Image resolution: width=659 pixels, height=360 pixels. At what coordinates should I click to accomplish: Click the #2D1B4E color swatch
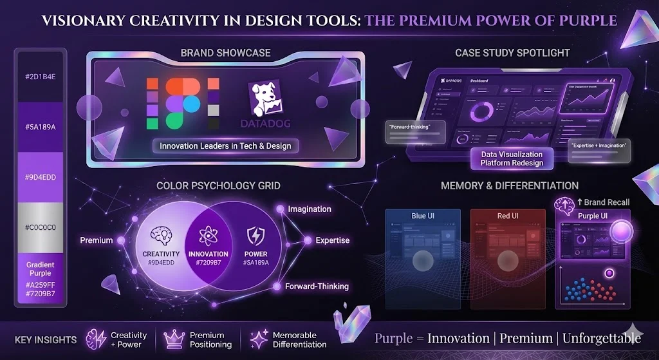[41, 77]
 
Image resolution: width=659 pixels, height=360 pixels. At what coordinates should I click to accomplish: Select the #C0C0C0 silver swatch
[41, 227]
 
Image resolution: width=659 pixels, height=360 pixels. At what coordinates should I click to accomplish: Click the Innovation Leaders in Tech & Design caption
[225, 146]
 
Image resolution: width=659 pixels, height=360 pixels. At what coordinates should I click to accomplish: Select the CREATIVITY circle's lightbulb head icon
[161, 236]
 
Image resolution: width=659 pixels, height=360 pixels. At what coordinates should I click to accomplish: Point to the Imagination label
[310, 209]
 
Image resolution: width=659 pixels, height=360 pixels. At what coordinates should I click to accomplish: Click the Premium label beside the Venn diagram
[97, 240]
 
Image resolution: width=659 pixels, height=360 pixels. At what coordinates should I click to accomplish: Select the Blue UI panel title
[423, 216]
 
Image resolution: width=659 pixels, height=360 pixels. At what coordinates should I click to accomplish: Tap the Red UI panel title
[507, 216]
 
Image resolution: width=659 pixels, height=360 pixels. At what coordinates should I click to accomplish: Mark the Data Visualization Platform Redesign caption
[512, 158]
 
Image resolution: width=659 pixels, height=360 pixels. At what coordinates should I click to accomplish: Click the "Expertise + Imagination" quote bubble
[599, 146]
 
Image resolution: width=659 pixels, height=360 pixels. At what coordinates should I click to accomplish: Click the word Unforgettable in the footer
[602, 338]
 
